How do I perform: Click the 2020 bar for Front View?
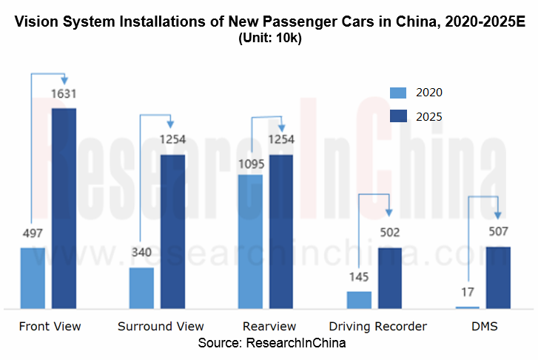point(33,278)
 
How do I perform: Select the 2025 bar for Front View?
point(64,208)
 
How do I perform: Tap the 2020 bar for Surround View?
point(141,287)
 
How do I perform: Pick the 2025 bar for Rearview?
point(281,231)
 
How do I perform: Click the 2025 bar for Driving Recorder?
point(390,278)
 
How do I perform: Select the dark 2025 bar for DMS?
point(499,277)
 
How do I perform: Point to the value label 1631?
point(64,94)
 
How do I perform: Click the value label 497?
point(33,233)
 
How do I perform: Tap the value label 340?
point(141,253)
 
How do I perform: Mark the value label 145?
point(359,277)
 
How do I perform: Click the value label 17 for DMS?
point(468,293)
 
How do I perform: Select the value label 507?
point(499,233)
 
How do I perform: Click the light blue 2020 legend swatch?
point(399,93)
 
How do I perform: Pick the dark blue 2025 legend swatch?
point(399,116)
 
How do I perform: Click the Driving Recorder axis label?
point(378,327)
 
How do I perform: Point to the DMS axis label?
point(485,327)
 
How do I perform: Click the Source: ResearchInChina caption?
point(272,344)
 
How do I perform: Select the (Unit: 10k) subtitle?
point(269,39)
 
